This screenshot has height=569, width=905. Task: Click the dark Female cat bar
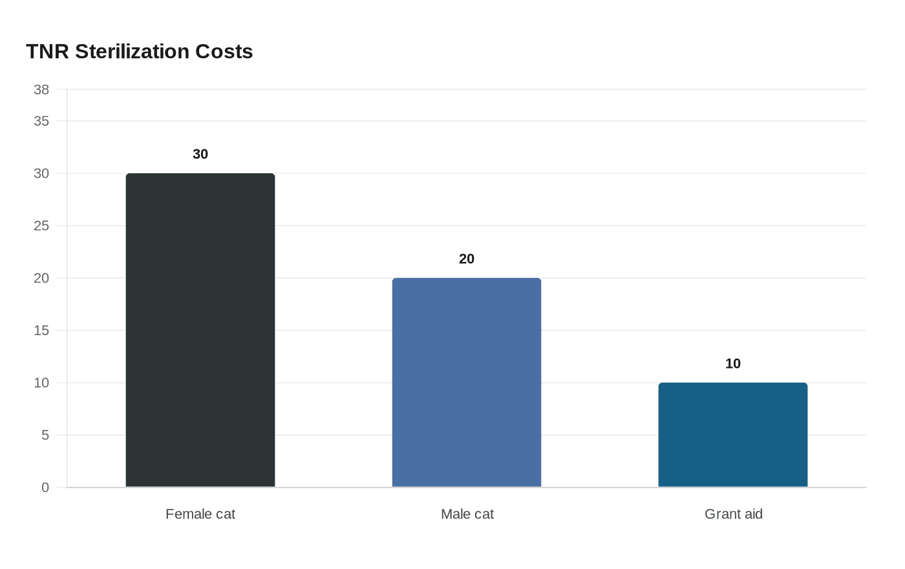coord(200,330)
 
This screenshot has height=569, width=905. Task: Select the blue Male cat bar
coord(467,382)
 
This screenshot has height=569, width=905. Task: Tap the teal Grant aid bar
coord(733,435)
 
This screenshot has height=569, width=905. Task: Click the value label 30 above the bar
coord(200,154)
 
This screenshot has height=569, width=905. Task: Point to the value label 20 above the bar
coord(467,259)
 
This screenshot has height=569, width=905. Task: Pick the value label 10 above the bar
coord(733,363)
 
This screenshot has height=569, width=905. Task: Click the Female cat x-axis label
coord(200,514)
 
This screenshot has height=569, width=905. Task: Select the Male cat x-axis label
coord(467,514)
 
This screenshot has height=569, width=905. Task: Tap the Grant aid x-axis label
coord(733,514)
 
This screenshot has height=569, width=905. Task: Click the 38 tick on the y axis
coord(41,90)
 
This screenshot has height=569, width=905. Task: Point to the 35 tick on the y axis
coord(41,121)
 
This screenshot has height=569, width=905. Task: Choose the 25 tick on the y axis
coord(41,226)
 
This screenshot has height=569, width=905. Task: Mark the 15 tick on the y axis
coord(41,330)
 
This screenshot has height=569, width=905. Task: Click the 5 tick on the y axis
coord(45,435)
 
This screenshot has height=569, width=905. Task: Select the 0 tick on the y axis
coord(45,488)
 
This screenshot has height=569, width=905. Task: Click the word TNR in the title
coord(47,52)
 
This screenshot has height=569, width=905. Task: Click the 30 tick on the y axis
coord(41,173)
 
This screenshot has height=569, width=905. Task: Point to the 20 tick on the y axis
coord(41,278)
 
